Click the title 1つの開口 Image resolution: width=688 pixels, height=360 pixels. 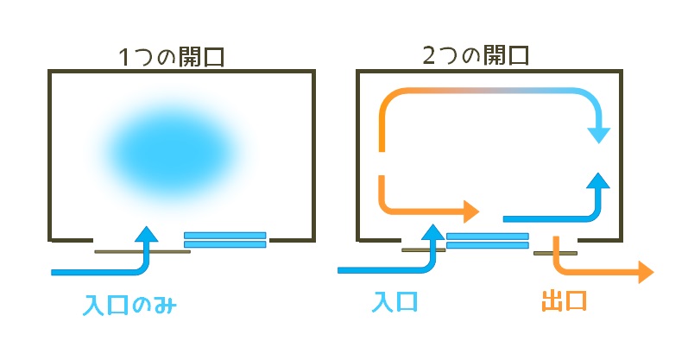tap(172, 57)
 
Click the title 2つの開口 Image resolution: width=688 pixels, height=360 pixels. tap(476, 55)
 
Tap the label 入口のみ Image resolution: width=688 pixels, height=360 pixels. tap(129, 305)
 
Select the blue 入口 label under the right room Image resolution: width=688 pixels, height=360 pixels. tap(394, 302)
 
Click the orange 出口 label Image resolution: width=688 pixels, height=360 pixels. tap(565, 301)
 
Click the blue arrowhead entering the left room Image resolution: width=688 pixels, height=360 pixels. tap(146, 235)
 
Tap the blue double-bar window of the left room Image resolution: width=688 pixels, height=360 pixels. tap(225, 240)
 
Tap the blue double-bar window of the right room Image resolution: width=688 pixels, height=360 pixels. tap(488, 241)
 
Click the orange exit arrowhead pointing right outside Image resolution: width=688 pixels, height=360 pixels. tap(646, 272)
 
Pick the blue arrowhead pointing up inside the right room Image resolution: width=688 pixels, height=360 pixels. tap(598, 181)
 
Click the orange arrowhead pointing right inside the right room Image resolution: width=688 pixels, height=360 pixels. tap(471, 212)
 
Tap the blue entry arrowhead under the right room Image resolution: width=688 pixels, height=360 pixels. tap(432, 232)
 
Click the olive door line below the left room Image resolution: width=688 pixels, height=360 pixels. tap(142, 251)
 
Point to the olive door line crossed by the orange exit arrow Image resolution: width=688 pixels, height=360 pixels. tap(555, 253)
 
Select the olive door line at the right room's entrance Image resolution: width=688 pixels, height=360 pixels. tap(424, 250)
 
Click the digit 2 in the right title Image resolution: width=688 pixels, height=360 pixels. tap(429, 56)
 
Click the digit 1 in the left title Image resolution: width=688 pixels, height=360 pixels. tap(124, 58)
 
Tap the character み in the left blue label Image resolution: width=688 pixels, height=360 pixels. tap(166, 305)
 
